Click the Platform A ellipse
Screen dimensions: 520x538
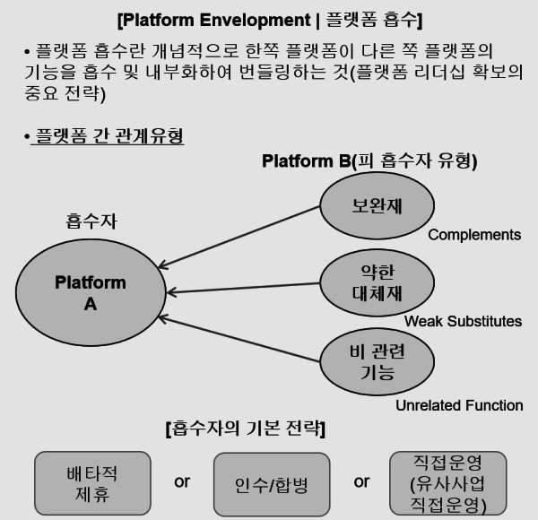(x=90, y=293)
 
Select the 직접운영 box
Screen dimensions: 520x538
(x=447, y=484)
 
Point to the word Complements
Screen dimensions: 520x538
(x=474, y=235)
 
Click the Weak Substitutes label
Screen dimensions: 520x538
(x=463, y=321)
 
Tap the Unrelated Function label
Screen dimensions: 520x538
(x=459, y=405)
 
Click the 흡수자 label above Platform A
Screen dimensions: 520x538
(x=91, y=221)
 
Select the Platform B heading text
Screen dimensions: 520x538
(x=369, y=161)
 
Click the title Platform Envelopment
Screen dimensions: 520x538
(x=269, y=18)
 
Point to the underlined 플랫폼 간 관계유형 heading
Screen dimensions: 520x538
(x=108, y=136)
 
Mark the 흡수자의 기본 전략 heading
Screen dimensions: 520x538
(x=245, y=429)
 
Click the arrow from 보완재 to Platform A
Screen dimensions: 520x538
(x=242, y=238)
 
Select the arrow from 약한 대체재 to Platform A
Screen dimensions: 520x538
(x=247, y=288)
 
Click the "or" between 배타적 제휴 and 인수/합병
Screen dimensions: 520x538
(x=182, y=481)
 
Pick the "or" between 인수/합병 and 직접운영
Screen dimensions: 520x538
(x=361, y=481)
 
